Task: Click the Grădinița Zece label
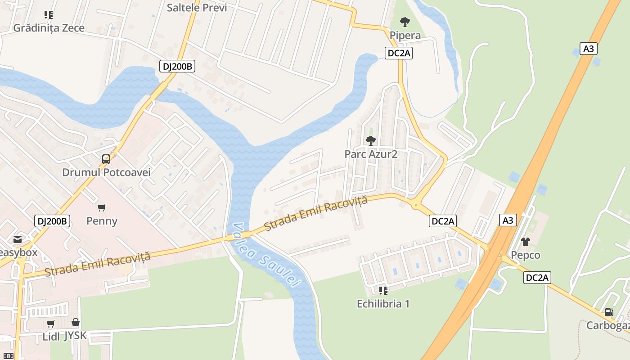pyautogui.click(x=49, y=28)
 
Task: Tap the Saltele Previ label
pyautogui.click(x=197, y=8)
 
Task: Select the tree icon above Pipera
pyautogui.click(x=405, y=22)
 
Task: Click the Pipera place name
pyautogui.click(x=405, y=36)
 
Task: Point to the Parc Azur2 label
pyautogui.click(x=371, y=154)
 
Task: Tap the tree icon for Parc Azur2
pyautogui.click(x=371, y=141)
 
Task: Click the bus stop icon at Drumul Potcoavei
pyautogui.click(x=106, y=159)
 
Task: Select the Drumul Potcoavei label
pyautogui.click(x=106, y=172)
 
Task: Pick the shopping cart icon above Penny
pyautogui.click(x=102, y=207)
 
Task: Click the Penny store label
pyautogui.click(x=102, y=221)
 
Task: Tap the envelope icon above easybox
pyautogui.click(x=17, y=239)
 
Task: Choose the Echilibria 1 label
pyautogui.click(x=383, y=304)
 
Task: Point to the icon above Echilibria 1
pyautogui.click(x=383, y=290)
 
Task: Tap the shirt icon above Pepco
pyautogui.click(x=525, y=242)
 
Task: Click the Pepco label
pyautogui.click(x=525, y=255)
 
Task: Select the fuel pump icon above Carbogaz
pyautogui.click(x=609, y=312)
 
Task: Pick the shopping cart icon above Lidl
pyautogui.click(x=51, y=324)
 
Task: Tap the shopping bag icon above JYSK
pyautogui.click(x=76, y=323)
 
